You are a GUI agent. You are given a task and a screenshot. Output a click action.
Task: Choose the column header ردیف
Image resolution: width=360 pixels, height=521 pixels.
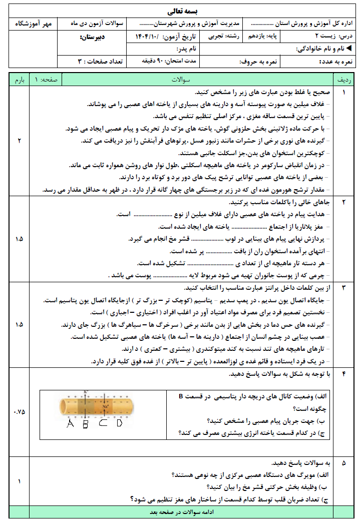[x=344, y=80]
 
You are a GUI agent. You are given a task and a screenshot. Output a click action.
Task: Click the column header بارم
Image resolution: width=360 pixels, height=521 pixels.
[x=19, y=80]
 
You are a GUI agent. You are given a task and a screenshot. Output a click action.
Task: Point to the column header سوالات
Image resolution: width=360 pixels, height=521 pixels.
[x=182, y=80]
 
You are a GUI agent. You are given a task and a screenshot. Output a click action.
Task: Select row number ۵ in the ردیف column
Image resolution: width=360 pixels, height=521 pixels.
[x=344, y=463]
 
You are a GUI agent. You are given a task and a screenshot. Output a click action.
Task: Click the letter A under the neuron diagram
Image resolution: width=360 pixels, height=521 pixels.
[x=70, y=423]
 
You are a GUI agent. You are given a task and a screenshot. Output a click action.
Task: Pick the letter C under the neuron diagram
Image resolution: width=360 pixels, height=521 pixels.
[x=103, y=423]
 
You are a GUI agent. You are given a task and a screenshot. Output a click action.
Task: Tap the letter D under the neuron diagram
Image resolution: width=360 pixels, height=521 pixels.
[x=119, y=423]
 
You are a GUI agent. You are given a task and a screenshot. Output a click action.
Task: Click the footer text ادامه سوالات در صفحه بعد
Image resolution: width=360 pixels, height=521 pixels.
[x=182, y=512]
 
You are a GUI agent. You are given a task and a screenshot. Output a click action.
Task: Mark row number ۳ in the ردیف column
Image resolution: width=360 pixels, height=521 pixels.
[x=344, y=289]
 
